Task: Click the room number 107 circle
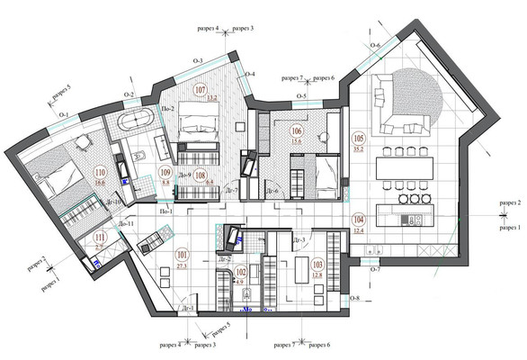tap(201, 90)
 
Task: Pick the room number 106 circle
tap(296, 129)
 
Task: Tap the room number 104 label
tap(358, 220)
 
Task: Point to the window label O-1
tap(64, 115)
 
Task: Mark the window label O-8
tap(353, 298)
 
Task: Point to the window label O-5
tap(303, 96)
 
